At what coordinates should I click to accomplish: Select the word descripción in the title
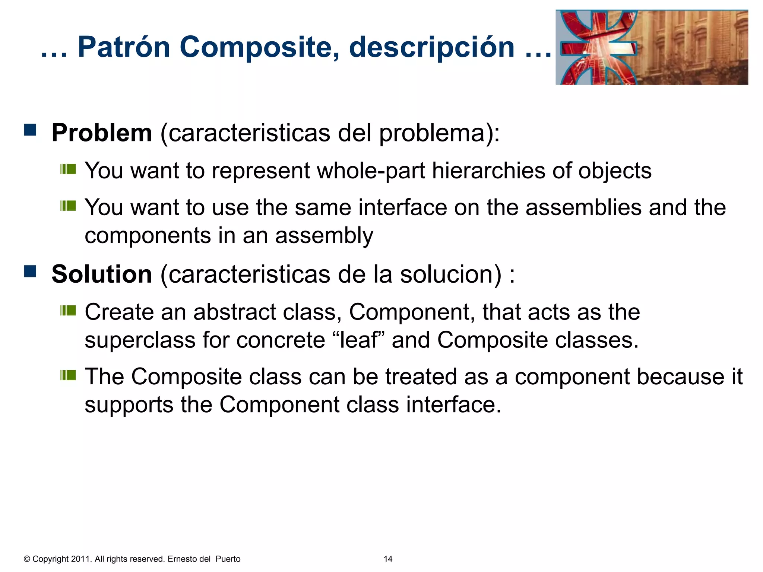pyautogui.click(x=432, y=48)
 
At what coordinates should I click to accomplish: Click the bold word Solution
pyautogui.click(x=102, y=274)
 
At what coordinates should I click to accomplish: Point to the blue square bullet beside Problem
pyautogui.click(x=30, y=130)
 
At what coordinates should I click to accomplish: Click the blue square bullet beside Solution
pyautogui.click(x=30, y=271)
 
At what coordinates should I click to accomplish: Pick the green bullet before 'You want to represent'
pyautogui.click(x=68, y=169)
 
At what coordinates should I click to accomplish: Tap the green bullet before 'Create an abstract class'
pyautogui.click(x=68, y=310)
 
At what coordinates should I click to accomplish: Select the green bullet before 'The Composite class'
pyautogui.click(x=68, y=375)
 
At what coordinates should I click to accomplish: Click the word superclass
pyautogui.click(x=140, y=340)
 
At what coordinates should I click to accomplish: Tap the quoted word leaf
pyautogui.click(x=358, y=340)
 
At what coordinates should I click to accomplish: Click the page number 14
pyautogui.click(x=388, y=559)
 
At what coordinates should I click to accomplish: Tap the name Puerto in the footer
pyautogui.click(x=228, y=559)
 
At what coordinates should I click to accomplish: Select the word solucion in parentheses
pyautogui.click(x=451, y=274)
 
